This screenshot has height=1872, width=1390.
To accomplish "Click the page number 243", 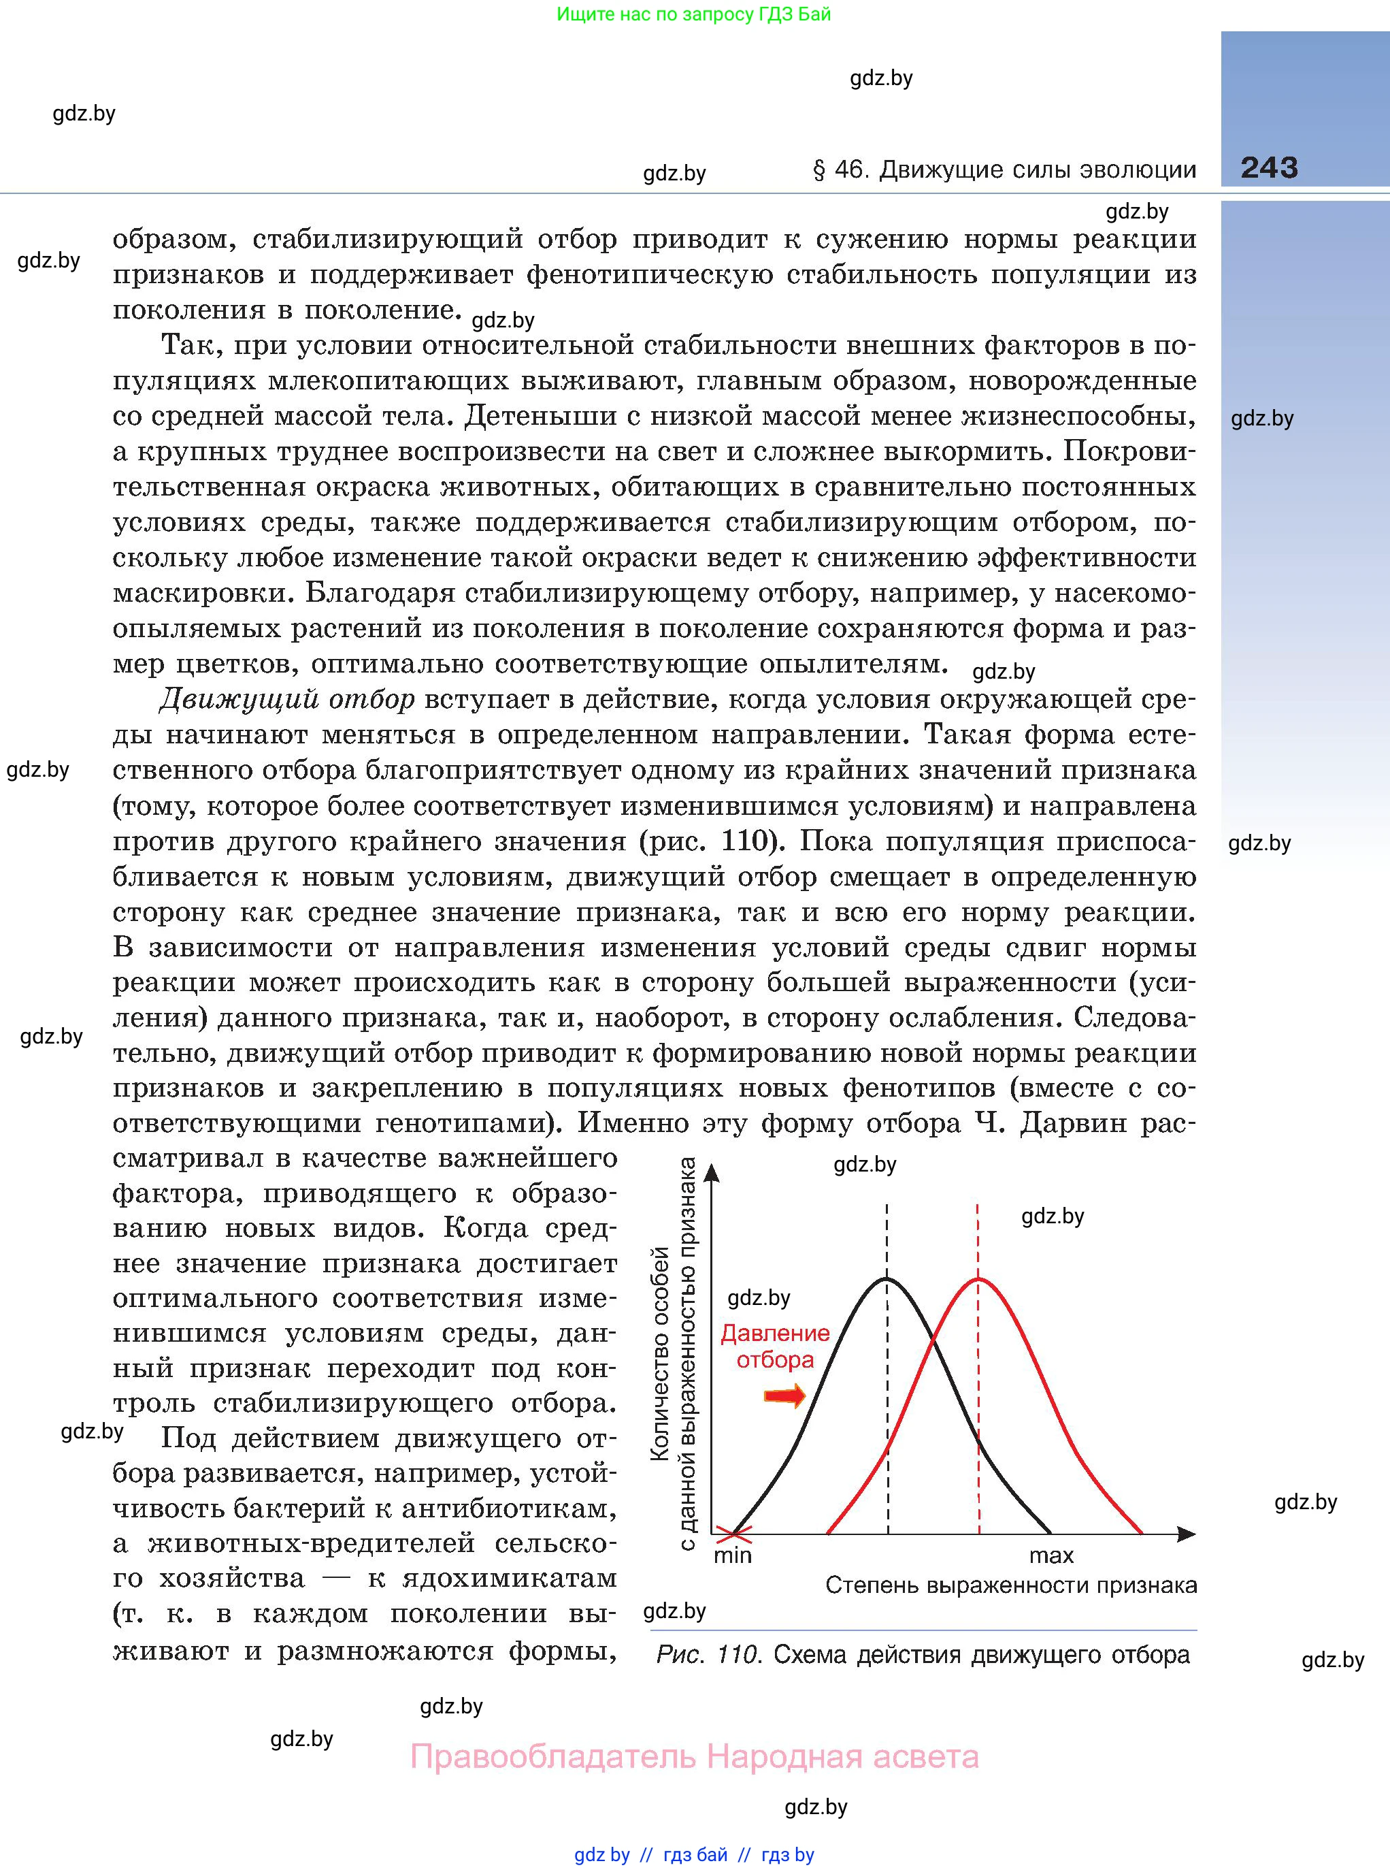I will [x=1269, y=167].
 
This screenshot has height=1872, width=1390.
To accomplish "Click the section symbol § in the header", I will [x=818, y=170].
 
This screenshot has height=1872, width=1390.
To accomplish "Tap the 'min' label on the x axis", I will [x=732, y=1555].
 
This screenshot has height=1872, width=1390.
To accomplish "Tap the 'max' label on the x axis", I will [x=1051, y=1555].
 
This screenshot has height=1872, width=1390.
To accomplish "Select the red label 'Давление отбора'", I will [x=775, y=1346].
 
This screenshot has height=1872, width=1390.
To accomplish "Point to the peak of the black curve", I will [x=887, y=1279].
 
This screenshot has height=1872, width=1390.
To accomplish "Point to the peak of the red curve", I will [x=978, y=1279].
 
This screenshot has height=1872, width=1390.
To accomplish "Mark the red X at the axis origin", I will [x=733, y=1534].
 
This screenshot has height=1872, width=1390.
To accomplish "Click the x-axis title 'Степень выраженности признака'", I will [x=1010, y=1586].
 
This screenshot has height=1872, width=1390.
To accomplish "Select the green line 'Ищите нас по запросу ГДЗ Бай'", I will [x=694, y=14].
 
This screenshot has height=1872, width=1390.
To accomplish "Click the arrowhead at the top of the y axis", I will [x=712, y=1172].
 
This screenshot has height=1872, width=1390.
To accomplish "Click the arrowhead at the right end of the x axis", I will [x=1187, y=1534].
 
